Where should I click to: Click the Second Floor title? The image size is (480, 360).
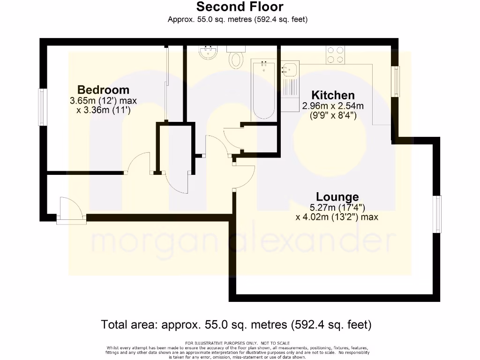(240, 7)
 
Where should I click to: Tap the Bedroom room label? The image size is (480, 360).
(103, 90)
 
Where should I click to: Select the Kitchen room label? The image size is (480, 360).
(333, 95)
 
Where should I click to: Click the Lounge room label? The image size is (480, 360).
(337, 197)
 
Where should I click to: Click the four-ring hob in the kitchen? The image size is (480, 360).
(336, 54)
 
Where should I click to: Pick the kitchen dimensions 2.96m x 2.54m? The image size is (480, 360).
(332, 106)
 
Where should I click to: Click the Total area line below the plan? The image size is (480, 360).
(236, 324)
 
